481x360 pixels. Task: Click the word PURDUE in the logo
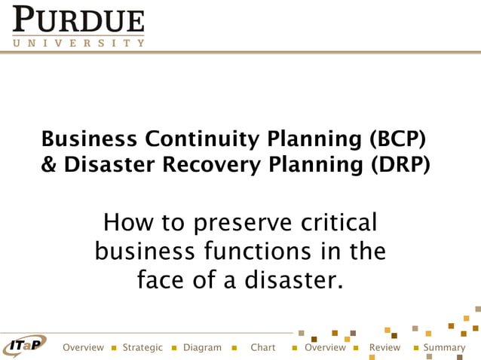78,21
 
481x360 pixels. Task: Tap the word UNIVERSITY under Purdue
78,43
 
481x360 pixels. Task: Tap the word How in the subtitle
127,224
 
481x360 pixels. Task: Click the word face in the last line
161,280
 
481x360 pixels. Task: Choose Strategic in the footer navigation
142,348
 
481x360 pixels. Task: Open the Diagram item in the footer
202,348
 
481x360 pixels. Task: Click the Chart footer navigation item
263,348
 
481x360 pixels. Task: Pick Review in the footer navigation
384,348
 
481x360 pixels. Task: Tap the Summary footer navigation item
444,348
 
